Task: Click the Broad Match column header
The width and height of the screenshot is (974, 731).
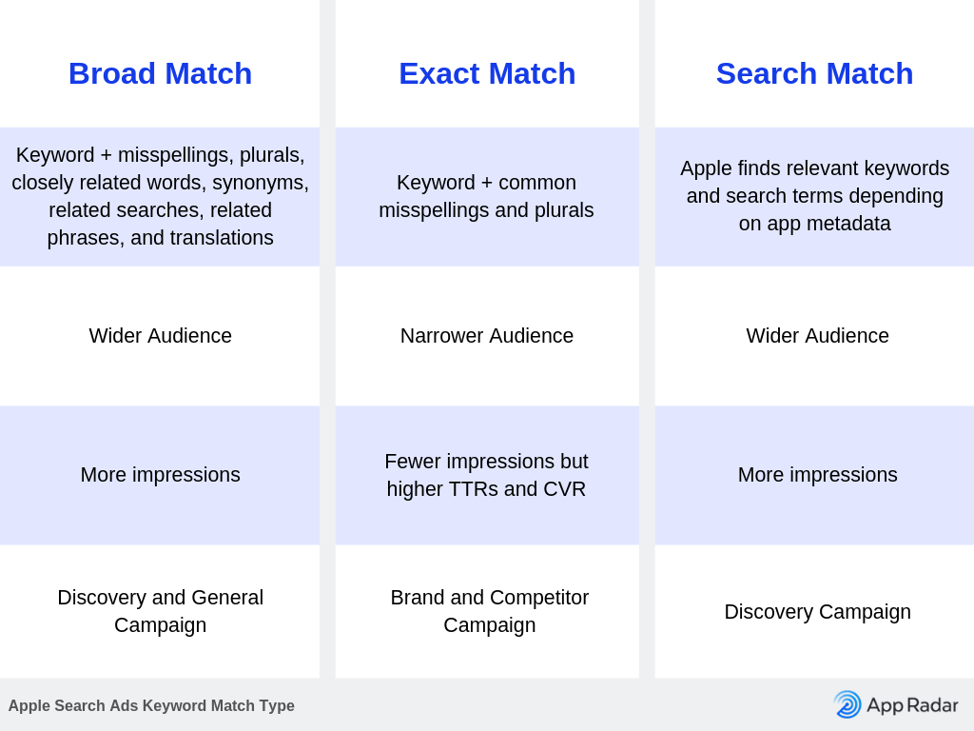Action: click(x=160, y=73)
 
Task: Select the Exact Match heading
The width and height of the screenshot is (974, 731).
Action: click(x=487, y=73)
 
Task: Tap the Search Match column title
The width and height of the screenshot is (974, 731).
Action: click(x=814, y=73)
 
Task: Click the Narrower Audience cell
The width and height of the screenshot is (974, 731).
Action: click(x=487, y=336)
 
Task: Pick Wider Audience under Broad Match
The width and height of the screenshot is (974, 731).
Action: click(x=160, y=336)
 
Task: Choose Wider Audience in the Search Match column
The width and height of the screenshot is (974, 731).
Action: click(x=817, y=336)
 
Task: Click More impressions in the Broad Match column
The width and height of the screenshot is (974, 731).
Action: click(x=160, y=475)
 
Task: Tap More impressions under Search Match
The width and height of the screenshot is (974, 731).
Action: click(x=817, y=475)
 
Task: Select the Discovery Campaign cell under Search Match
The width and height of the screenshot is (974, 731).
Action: click(x=817, y=612)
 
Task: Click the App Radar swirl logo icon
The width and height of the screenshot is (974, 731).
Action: click(x=847, y=704)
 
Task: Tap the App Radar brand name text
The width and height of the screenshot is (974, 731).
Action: click(x=912, y=705)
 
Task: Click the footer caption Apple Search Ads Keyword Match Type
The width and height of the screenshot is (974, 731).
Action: click(x=151, y=705)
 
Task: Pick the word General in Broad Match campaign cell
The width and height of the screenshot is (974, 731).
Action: click(x=227, y=598)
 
